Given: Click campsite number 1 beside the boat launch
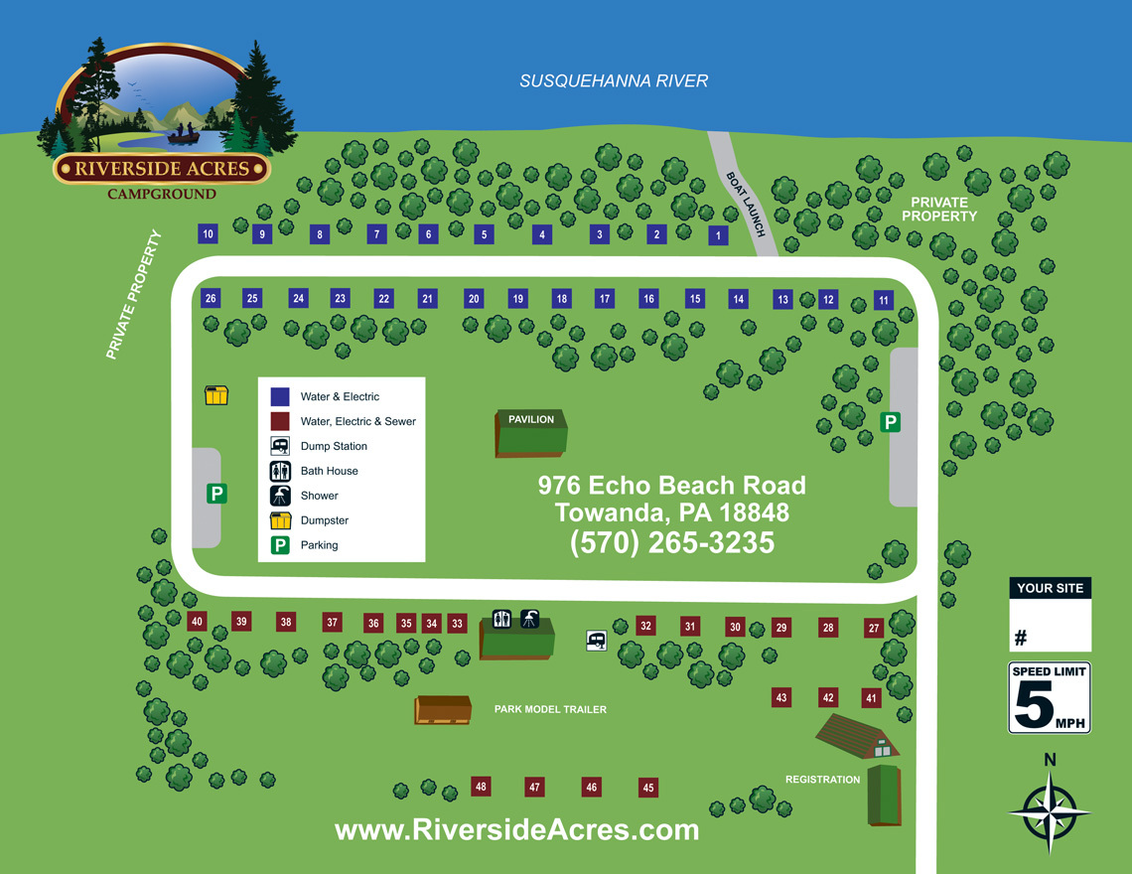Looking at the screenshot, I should coord(718,236).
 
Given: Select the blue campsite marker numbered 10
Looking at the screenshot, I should coord(208,234).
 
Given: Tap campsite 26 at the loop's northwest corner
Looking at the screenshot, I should coord(211,298).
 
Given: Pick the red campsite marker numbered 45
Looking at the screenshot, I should coord(648,788).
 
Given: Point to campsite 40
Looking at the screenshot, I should coord(197,622).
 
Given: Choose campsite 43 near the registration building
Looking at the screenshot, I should coord(781,698).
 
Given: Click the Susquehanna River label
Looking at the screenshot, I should coord(614,81).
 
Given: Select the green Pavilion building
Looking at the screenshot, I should coord(531,434).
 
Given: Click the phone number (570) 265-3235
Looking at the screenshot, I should coord(672,543).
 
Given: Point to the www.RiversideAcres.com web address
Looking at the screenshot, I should coord(516,830).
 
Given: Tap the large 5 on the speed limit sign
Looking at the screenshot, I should coord(1034,708).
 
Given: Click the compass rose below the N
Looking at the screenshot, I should coord(1050,811).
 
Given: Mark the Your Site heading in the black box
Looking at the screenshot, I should coord(1050,588).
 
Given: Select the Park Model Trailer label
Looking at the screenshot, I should coord(550,709).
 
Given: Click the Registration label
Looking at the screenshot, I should coord(822,780).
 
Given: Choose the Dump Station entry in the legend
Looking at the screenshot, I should coord(334,446).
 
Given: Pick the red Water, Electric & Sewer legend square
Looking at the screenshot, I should coord(280,421).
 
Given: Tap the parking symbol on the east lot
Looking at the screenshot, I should coord(891,423).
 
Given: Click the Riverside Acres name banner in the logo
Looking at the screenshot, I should coord(162,168).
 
